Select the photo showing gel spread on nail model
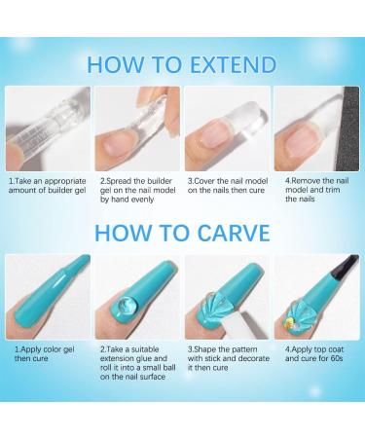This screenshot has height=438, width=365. tap(137, 128)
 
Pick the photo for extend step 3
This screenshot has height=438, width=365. tap(226, 128)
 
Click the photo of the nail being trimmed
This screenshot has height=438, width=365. tap(313, 128)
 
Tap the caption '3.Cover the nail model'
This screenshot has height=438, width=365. tap(226, 187)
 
